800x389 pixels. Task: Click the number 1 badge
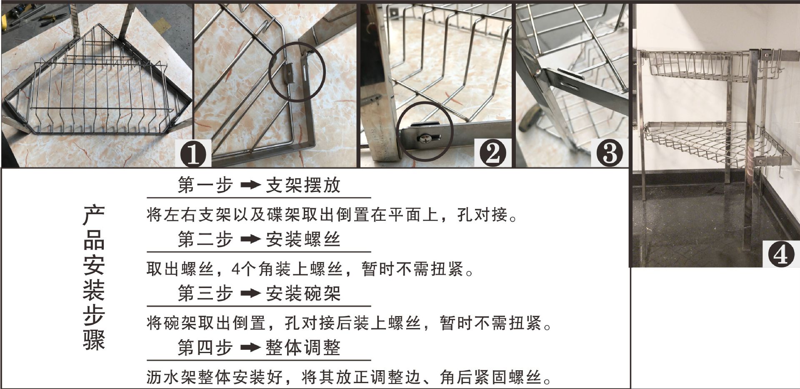pos(193,153)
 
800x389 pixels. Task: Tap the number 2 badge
pos(492,153)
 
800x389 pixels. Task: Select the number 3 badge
pos(610,153)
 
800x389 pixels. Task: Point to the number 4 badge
pos(781,253)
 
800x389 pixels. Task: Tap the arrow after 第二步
pos(251,240)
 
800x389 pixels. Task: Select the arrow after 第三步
pos(251,294)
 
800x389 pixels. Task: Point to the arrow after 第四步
pos(251,348)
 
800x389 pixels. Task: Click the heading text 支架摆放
pos(303,185)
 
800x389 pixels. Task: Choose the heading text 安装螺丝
pos(303,240)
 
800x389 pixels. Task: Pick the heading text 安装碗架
pos(303,294)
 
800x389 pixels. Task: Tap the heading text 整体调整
pos(303,348)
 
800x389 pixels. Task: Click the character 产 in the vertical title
pos(94,216)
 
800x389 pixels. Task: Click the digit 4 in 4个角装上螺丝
pos(236,269)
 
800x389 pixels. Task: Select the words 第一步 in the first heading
pos(205,185)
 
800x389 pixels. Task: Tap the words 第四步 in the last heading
pos(205,348)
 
